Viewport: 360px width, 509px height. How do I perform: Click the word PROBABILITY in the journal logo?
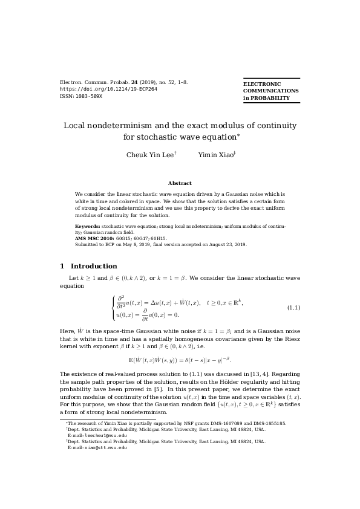(271, 98)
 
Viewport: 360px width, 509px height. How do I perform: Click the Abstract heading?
(180, 183)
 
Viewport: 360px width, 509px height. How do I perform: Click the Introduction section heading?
(94, 266)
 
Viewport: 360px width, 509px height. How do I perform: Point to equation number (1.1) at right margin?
(293, 308)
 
